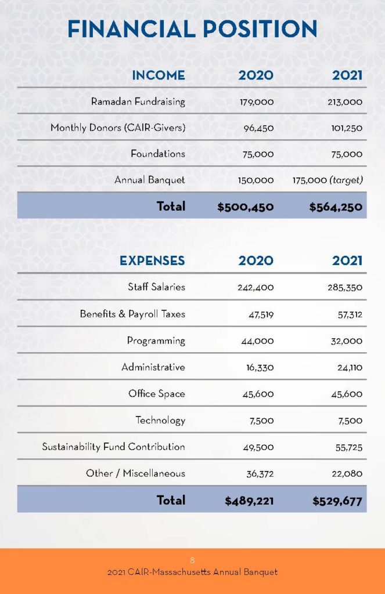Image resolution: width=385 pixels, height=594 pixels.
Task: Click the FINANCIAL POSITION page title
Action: [192, 29]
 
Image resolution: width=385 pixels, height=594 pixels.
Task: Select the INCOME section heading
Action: [158, 75]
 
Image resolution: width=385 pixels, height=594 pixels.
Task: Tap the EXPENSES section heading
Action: [152, 260]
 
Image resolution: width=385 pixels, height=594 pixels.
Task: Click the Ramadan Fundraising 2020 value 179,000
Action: [257, 102]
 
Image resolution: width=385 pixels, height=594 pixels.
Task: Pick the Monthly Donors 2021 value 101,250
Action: [347, 128]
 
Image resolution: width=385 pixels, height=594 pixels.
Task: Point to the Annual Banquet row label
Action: [150, 180]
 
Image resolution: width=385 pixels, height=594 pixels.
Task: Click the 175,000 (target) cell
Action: [328, 180]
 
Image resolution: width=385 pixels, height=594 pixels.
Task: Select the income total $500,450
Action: [246, 207]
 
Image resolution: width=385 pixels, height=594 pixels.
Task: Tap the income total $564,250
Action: [336, 207]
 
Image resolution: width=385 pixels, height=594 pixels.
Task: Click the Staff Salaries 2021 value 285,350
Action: [345, 288]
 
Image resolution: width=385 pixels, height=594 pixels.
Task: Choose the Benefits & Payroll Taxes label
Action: [132, 314]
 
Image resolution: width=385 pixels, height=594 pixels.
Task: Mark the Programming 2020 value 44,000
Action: [257, 341]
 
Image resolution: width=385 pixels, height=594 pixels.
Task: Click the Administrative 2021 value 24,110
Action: [350, 367]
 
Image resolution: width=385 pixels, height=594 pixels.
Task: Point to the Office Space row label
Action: [157, 394]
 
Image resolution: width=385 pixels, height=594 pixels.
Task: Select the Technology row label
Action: [160, 421]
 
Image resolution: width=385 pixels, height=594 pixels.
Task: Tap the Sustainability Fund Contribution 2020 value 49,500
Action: [258, 447]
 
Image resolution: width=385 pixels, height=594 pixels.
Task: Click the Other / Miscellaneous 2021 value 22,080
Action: [347, 473]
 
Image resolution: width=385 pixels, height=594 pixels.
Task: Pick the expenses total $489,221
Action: [249, 501]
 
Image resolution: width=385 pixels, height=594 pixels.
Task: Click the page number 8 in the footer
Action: [192, 560]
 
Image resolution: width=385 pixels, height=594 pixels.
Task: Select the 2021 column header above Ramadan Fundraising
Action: [347, 75]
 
